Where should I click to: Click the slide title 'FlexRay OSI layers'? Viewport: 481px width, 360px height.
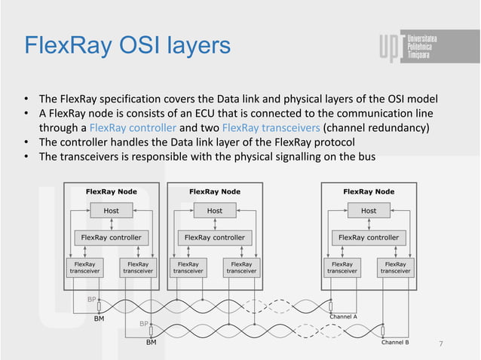click(x=127, y=46)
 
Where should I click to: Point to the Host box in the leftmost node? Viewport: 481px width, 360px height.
click(x=111, y=211)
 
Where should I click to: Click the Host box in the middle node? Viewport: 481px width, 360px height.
click(x=214, y=211)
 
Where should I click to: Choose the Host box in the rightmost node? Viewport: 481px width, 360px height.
click(x=369, y=211)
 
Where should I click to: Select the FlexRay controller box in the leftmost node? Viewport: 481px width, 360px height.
click(x=111, y=237)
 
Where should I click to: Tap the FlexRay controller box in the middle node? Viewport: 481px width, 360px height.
click(x=214, y=237)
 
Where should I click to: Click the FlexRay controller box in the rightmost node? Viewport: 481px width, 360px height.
click(x=369, y=237)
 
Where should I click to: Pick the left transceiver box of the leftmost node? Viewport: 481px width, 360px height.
click(x=84, y=267)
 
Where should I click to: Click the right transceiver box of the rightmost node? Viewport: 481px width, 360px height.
click(x=395, y=267)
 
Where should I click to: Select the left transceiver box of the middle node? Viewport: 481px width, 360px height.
click(x=188, y=267)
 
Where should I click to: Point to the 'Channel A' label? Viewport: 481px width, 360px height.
click(x=343, y=317)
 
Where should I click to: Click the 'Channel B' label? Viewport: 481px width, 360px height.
click(x=395, y=342)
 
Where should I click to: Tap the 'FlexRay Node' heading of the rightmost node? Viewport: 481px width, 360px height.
click(x=369, y=191)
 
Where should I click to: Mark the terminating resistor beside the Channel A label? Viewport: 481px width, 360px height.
click(x=330, y=307)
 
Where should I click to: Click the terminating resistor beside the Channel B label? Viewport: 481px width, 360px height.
click(x=382, y=331)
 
